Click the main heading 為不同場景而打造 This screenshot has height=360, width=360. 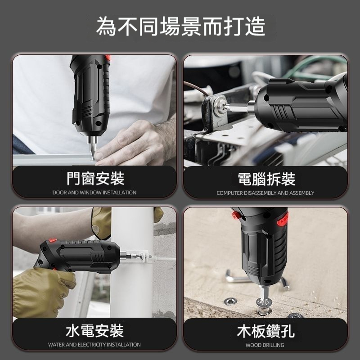pyautogui.click(x=180, y=27)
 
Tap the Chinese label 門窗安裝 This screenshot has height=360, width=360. pyautogui.click(x=95, y=178)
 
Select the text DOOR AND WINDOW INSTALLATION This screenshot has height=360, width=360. pyautogui.click(x=94, y=193)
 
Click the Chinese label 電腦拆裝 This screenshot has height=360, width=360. pyautogui.click(x=266, y=179)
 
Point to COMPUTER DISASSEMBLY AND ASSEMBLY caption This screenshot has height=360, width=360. pyautogui.click(x=265, y=193)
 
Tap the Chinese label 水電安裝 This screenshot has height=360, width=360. pyautogui.click(x=94, y=331)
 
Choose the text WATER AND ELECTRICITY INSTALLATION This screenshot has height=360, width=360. pyautogui.click(x=94, y=345)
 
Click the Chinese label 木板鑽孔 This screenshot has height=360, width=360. pyautogui.click(x=265, y=331)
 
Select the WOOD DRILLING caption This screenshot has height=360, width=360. pyautogui.click(x=265, y=345)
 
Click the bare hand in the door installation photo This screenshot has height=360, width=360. pyautogui.click(x=135, y=142)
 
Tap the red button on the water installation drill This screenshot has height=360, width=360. pyautogui.click(x=53, y=240)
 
